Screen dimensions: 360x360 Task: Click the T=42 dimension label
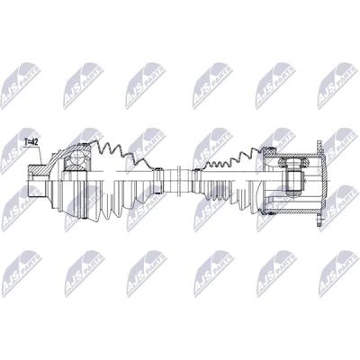(x=31, y=143)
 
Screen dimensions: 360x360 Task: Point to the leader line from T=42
(x=40, y=155)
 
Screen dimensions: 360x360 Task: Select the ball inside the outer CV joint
(x=76, y=157)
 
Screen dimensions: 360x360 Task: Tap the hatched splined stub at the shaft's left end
(x=37, y=169)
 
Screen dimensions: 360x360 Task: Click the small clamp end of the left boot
(x=158, y=180)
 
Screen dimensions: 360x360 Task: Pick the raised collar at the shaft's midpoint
(x=178, y=180)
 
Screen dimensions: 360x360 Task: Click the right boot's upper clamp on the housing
(x=268, y=148)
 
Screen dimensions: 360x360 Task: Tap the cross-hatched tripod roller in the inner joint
(x=292, y=162)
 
